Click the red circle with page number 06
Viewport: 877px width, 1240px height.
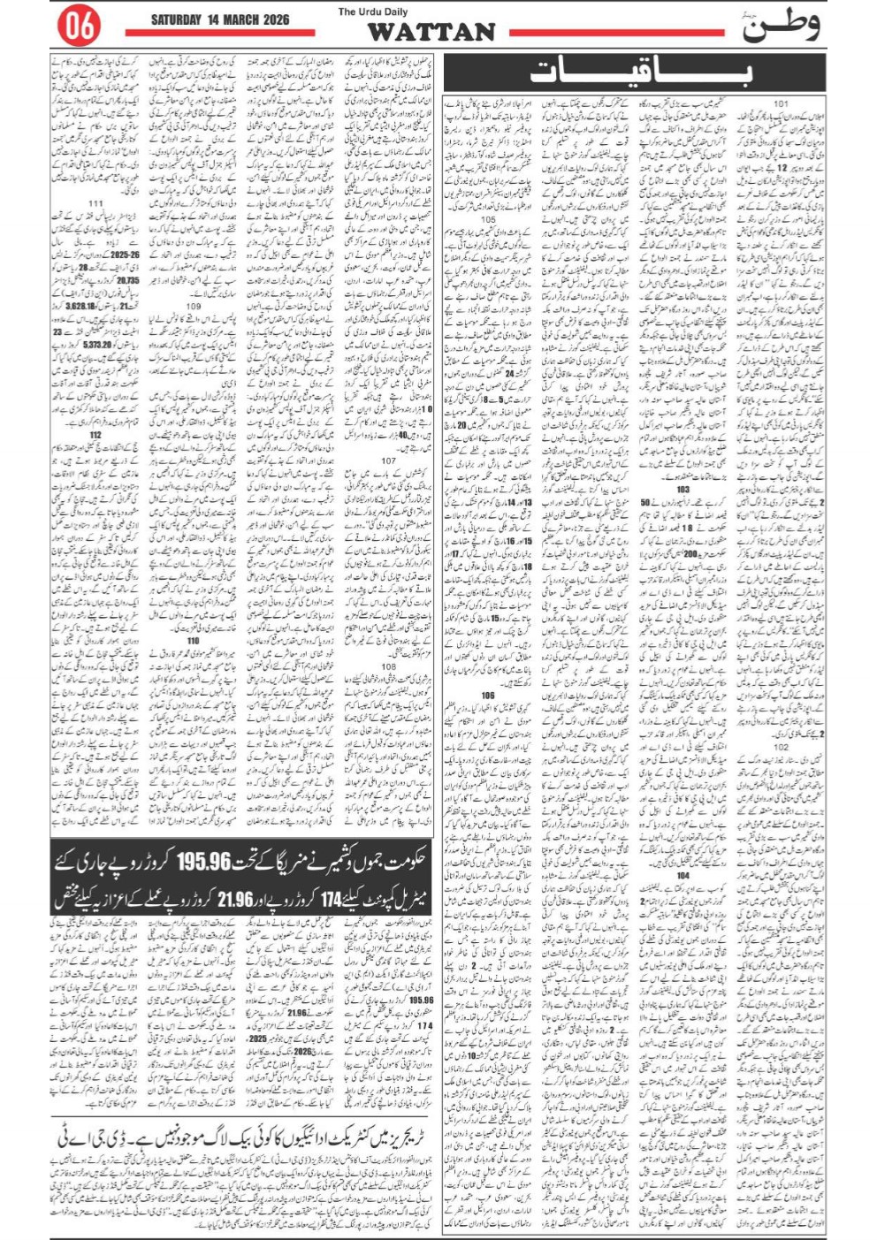tap(78, 27)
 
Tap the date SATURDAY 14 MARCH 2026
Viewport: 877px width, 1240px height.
tap(219, 19)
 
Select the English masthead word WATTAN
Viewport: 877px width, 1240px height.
tap(431, 33)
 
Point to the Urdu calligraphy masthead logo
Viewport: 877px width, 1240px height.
tap(780, 27)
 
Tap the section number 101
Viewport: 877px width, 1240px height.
tap(781, 104)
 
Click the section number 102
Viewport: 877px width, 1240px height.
tap(781, 747)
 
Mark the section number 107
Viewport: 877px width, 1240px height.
tap(389, 460)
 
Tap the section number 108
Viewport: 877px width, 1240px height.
tap(389, 667)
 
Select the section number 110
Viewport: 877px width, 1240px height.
tap(194, 641)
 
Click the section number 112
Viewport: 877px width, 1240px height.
tap(95, 435)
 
